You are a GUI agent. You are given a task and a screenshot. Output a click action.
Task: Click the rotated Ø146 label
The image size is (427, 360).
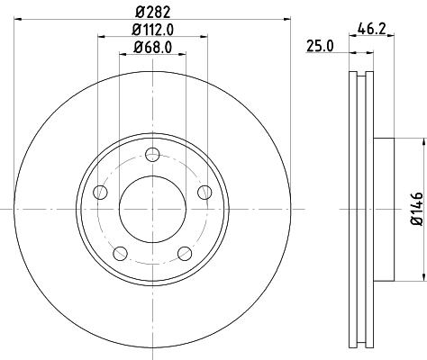pos(416,208)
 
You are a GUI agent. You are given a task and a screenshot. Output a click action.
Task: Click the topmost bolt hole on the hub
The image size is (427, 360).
pos(151,151)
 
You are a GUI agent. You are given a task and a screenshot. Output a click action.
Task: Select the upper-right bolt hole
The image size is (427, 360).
pos(204,190)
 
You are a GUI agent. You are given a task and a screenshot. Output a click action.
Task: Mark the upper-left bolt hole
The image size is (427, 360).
pos(99,190)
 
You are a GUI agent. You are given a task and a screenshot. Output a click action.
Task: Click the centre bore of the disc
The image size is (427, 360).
pos(151,208)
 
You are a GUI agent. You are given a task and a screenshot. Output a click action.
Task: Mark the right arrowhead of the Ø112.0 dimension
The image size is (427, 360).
pos(204,35)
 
